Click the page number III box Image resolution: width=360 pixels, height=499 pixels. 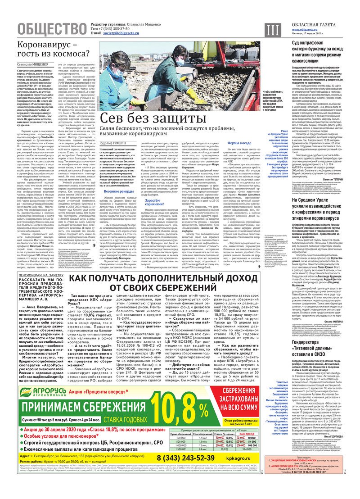(272, 29)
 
